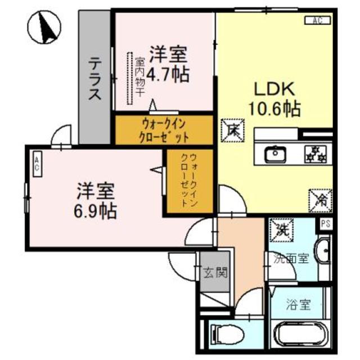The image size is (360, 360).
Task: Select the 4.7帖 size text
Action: pos(168,74)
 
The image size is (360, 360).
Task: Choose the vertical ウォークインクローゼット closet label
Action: pos(188,181)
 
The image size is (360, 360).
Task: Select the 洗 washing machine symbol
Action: pos(280,228)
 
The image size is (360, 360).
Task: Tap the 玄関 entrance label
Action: pos(214,274)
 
